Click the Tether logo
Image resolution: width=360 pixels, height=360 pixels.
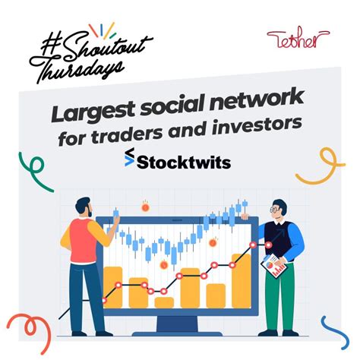298,39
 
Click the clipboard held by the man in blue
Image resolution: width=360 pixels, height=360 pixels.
274,265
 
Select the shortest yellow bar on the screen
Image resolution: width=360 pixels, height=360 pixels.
164,302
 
